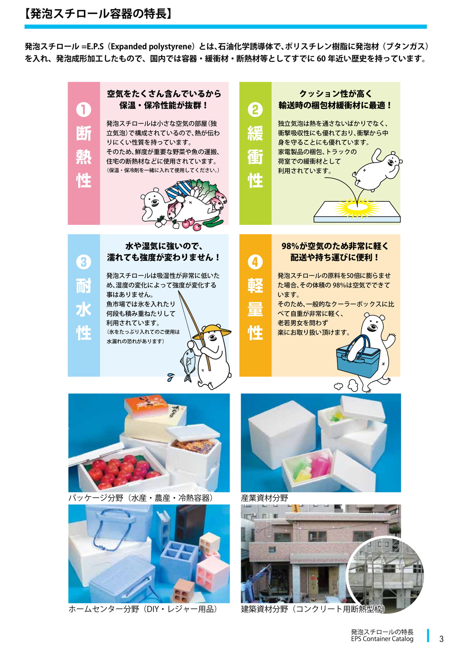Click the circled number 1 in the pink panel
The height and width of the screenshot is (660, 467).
click(x=84, y=109)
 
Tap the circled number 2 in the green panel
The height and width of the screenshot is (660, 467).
click(x=255, y=109)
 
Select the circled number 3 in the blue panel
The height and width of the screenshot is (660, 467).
click(x=84, y=262)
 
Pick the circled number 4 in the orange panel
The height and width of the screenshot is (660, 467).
click(x=255, y=262)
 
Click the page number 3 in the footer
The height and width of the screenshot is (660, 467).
click(x=441, y=639)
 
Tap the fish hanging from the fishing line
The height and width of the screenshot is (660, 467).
click(x=188, y=365)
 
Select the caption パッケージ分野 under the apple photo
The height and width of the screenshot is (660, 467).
click(x=96, y=498)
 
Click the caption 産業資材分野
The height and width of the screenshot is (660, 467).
click(x=264, y=498)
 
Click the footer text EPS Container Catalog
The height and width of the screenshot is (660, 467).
click(x=382, y=639)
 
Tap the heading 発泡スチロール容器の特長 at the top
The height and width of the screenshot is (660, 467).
click(x=98, y=14)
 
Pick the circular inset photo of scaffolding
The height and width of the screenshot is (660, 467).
click(x=385, y=574)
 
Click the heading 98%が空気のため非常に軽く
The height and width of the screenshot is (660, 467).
click(x=335, y=246)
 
